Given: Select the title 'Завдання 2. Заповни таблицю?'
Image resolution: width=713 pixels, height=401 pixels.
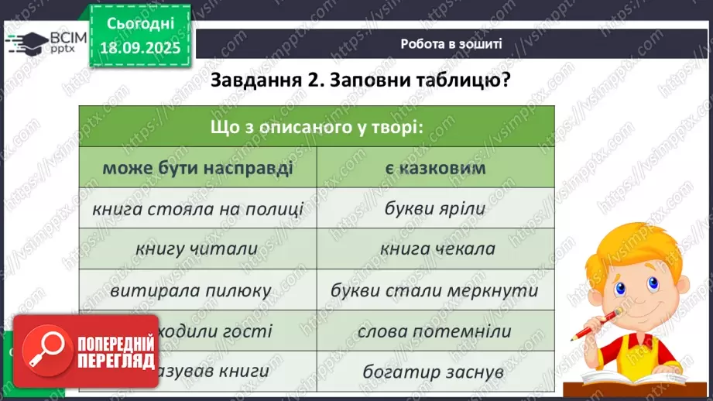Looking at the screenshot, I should click(x=360, y=81).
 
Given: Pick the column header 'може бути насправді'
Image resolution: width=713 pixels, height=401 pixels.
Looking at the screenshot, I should click(x=197, y=168).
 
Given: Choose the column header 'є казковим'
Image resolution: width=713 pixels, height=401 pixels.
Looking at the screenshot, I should click(x=435, y=168).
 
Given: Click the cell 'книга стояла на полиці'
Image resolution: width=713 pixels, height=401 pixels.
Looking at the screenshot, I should click(x=197, y=208).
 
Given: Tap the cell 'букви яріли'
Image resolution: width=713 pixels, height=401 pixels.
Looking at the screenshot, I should click(x=435, y=208).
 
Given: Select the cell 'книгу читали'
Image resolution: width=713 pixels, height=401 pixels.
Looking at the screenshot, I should click(x=197, y=249).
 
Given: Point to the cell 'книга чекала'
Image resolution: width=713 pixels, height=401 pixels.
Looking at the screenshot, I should click(x=437, y=249).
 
